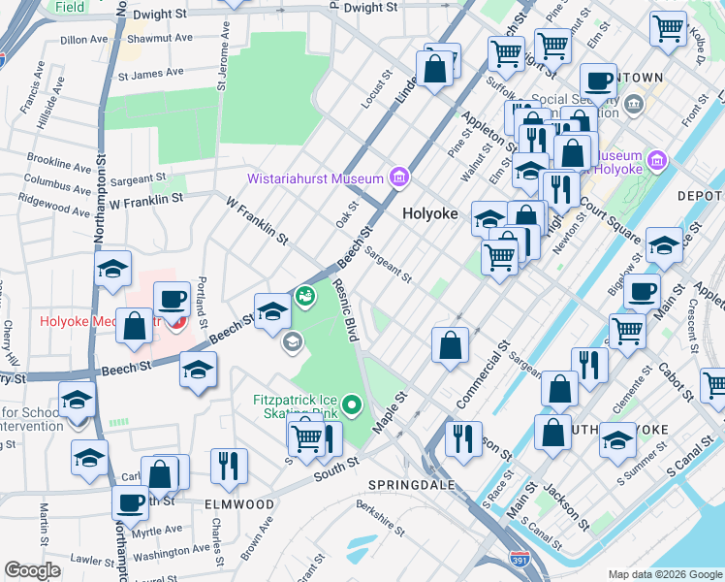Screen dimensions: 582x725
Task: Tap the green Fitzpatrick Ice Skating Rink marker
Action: click(x=351, y=404)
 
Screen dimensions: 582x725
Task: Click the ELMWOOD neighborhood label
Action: click(x=238, y=504)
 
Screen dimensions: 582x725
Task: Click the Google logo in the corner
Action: click(x=32, y=570)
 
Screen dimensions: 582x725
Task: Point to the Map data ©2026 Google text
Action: click(x=664, y=574)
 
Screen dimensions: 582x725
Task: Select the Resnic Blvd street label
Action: click(x=347, y=309)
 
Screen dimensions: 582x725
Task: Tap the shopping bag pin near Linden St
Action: click(x=435, y=68)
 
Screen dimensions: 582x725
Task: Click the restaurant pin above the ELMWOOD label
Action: click(x=228, y=466)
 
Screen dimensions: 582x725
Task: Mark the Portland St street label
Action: click(x=202, y=296)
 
